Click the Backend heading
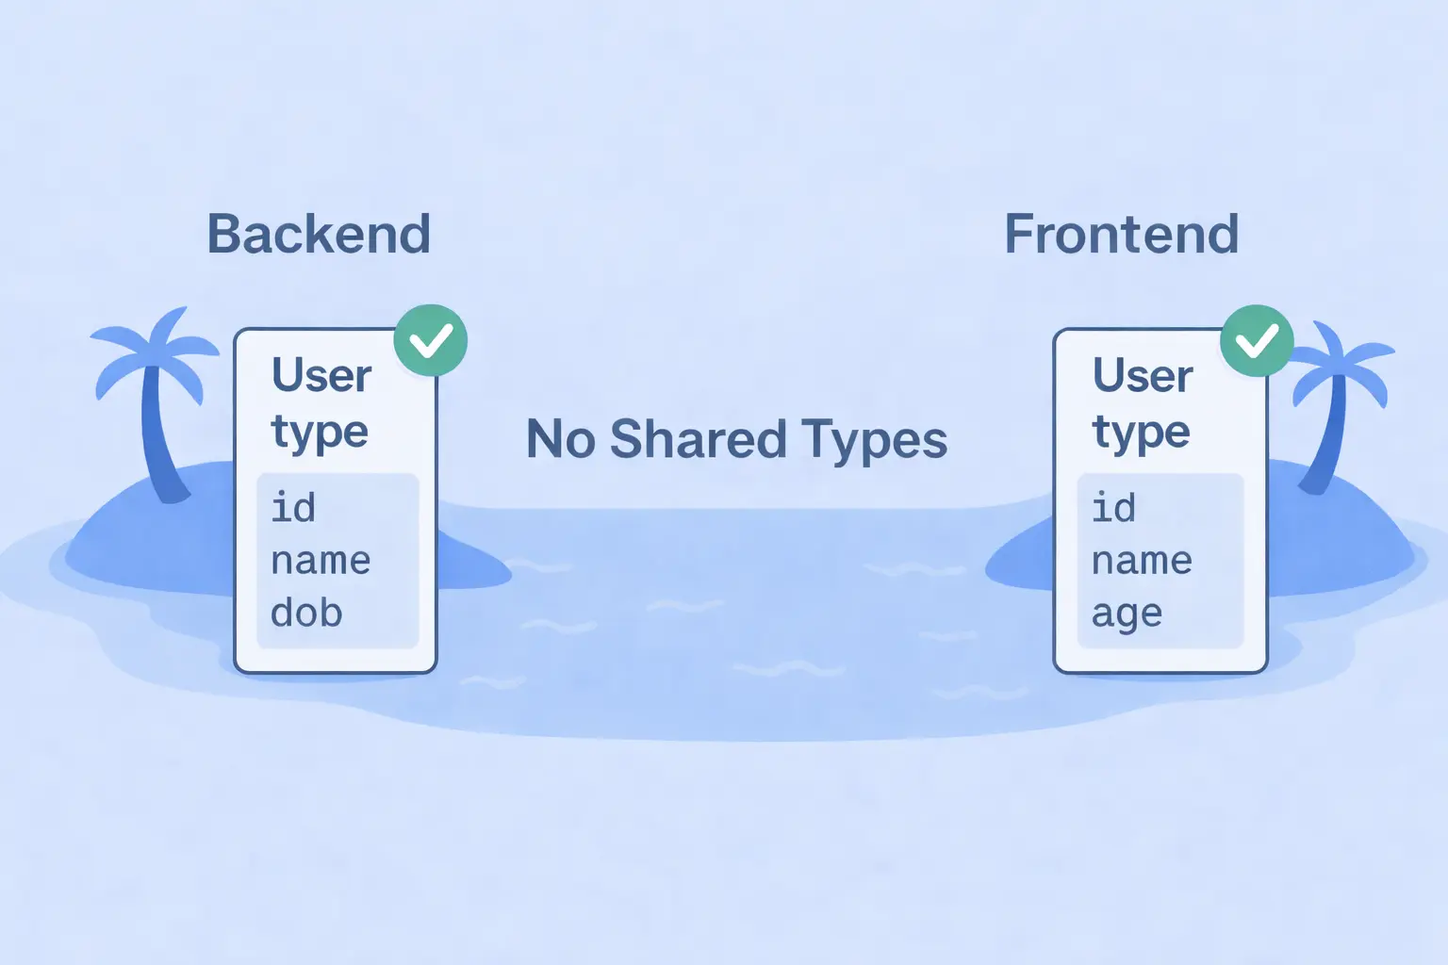click(x=319, y=234)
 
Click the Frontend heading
click(x=1121, y=234)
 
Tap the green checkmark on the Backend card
click(x=431, y=340)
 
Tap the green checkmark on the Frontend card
click(x=1257, y=340)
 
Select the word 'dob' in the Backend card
click(x=306, y=613)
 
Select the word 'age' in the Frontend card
click(x=1127, y=614)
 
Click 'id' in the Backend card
click(x=293, y=508)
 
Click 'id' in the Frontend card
click(x=1113, y=508)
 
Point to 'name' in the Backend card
click(x=321, y=562)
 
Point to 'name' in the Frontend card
click(x=1142, y=562)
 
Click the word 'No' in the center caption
click(x=560, y=440)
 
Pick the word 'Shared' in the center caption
click(x=698, y=440)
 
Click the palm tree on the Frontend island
click(x=1339, y=396)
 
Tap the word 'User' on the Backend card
click(x=321, y=376)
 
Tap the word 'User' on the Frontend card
click(x=1143, y=376)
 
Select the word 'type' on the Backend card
click(x=319, y=433)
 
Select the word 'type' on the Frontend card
click(x=1141, y=433)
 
